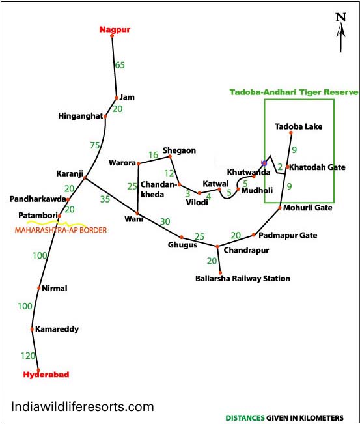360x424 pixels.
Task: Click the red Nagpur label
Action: pos(115,29)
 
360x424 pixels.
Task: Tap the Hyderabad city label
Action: pos(46,375)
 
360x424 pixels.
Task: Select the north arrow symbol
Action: pos(341,33)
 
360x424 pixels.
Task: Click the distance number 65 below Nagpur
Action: pos(120,65)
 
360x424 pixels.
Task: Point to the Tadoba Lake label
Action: pos(299,126)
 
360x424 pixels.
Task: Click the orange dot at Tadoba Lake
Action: pos(291,133)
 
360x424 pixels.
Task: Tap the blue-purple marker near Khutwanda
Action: pos(264,163)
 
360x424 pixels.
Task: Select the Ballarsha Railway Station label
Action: pos(243,279)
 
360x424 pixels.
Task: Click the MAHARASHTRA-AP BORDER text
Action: pos(61,230)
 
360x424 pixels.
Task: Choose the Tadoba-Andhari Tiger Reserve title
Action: pos(294,92)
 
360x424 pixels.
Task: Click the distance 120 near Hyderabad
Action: pos(28,356)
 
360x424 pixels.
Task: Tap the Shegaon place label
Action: pos(179,150)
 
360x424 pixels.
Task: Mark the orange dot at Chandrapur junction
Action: pos(217,247)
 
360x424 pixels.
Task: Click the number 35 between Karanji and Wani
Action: pos(105,199)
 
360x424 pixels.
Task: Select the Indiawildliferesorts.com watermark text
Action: pos(83,406)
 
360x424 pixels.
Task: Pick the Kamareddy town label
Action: pos(57,329)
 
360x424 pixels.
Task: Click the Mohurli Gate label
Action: pos(307,208)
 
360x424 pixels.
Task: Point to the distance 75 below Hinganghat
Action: pos(95,145)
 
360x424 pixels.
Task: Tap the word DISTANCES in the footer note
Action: pos(245,417)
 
